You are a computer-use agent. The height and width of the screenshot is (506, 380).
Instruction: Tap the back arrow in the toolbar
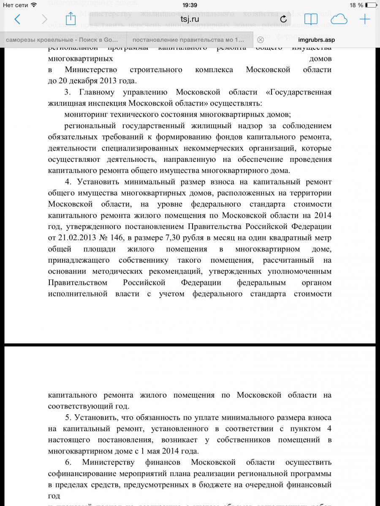(17, 19)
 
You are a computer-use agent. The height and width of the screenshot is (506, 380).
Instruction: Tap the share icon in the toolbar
(71, 19)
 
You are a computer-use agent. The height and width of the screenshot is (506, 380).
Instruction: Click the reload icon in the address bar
(283, 19)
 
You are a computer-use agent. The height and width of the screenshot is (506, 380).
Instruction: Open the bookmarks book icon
(311, 19)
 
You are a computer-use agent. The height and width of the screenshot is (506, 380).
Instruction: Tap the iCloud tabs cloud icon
(339, 19)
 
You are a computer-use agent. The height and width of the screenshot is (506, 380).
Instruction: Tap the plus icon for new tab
(364, 19)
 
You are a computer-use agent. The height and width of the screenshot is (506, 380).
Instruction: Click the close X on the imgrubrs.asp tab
(261, 40)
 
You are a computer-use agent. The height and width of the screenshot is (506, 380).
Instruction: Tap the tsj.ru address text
(190, 19)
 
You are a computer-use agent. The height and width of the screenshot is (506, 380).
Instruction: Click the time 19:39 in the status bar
(190, 5)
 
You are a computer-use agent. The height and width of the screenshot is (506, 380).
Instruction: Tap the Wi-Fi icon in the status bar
(34, 5)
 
